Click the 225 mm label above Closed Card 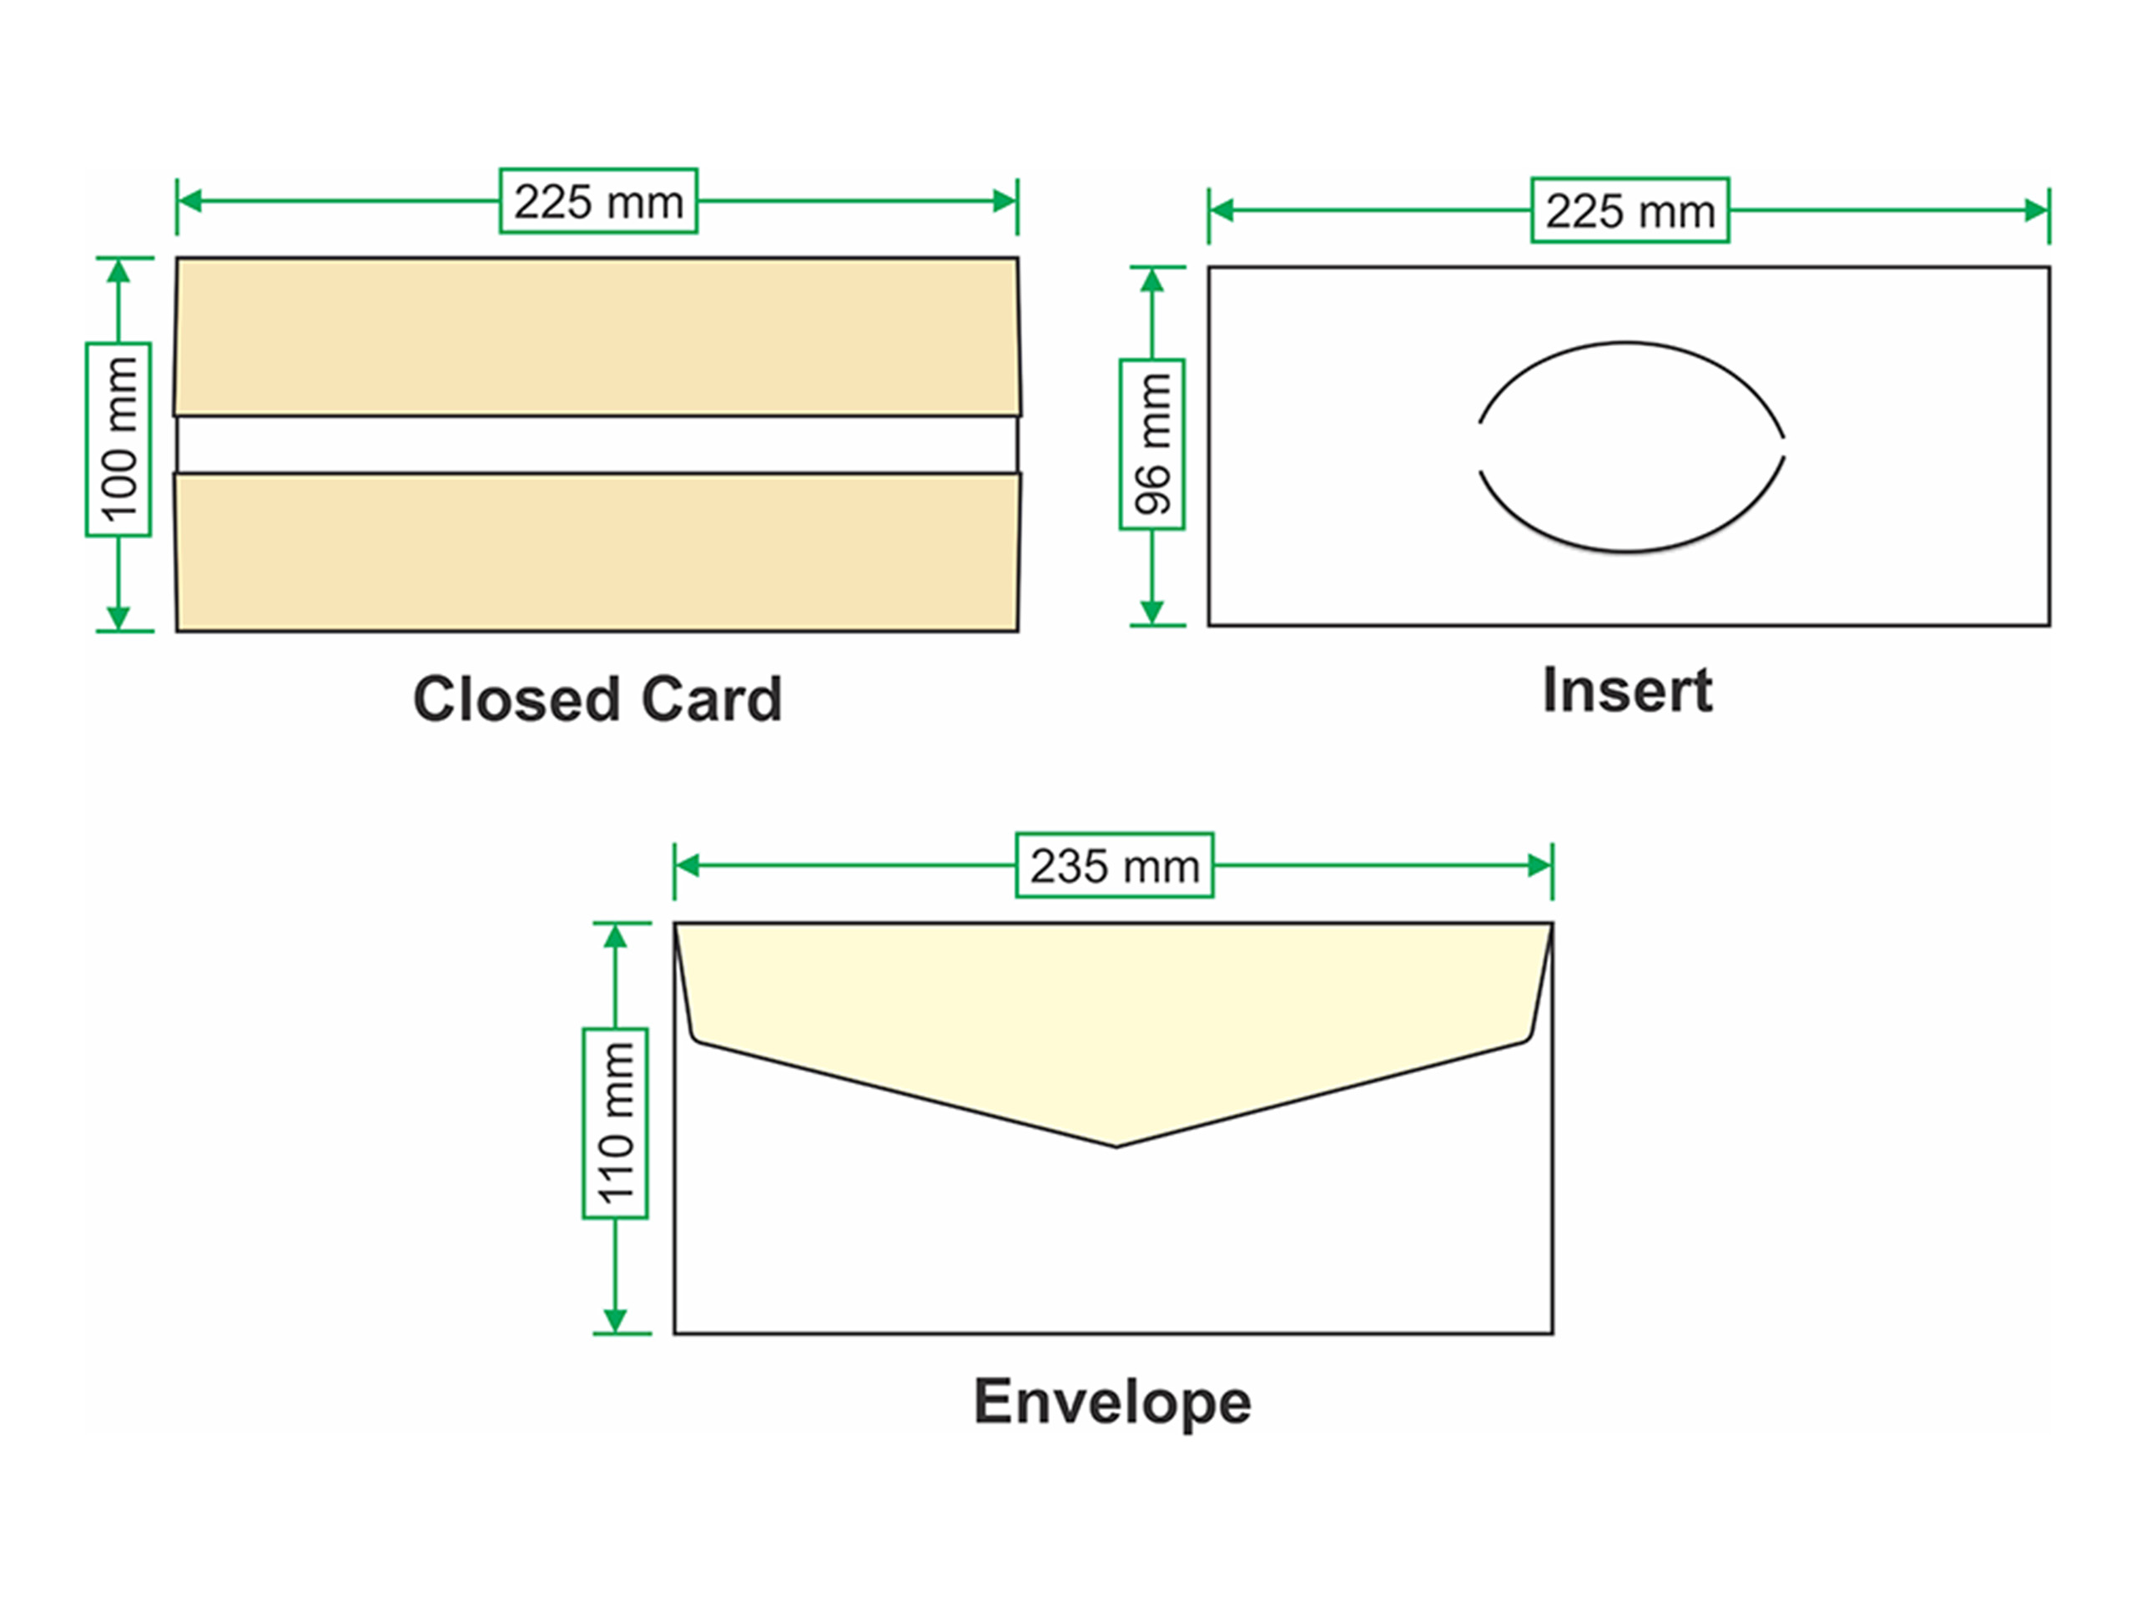(597, 201)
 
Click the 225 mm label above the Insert (1630, 209)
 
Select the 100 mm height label (118, 440)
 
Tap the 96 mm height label (1152, 444)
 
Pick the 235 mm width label (1115, 865)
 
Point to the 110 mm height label (615, 1123)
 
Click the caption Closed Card (597, 698)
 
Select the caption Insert (1627, 690)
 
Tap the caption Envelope (1112, 1401)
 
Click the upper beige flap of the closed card (597, 336)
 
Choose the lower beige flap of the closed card (597, 552)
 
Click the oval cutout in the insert (1631, 446)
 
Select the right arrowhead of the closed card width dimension (1005, 201)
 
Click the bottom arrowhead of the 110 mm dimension (615, 1320)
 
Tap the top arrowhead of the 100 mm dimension (118, 271)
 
